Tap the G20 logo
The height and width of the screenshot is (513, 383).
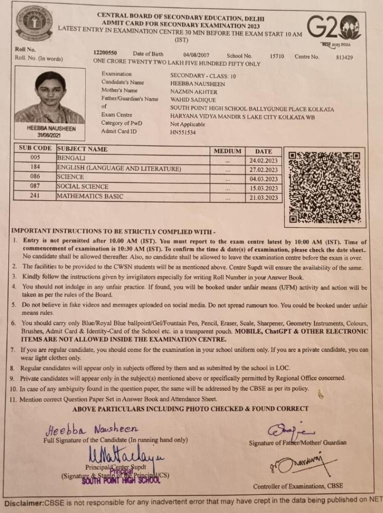click(x=332, y=28)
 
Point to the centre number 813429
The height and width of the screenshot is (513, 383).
click(x=344, y=57)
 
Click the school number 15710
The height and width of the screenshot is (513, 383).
click(x=276, y=56)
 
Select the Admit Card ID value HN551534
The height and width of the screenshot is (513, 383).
click(x=183, y=132)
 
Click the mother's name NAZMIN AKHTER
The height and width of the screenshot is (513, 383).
click(x=194, y=92)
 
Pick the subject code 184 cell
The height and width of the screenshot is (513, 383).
click(x=35, y=168)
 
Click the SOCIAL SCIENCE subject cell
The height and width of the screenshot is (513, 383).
click(x=83, y=186)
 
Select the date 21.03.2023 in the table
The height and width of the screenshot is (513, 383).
click(x=263, y=198)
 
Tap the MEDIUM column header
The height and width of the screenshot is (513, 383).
click(x=227, y=151)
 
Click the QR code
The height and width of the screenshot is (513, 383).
click(x=324, y=187)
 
